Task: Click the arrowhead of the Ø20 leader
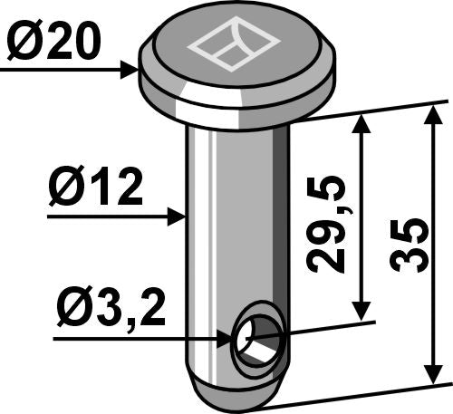pyautogui.click(x=130, y=67)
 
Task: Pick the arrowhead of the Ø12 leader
pyautogui.click(x=178, y=217)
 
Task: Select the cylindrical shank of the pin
pyautogui.click(x=237, y=226)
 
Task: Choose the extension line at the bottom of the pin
pyautogui.click(x=362, y=392)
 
